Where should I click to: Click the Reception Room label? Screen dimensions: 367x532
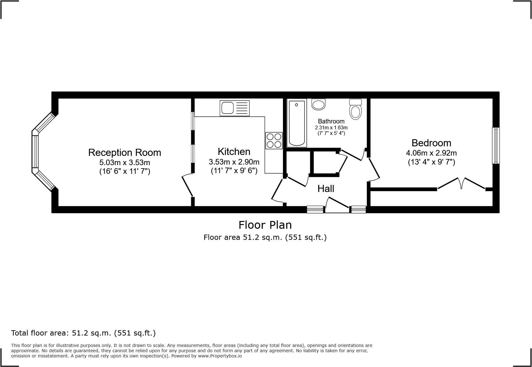pyautogui.click(x=125, y=152)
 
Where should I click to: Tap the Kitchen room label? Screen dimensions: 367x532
pyautogui.click(x=234, y=152)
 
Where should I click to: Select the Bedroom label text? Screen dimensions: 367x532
pyautogui.click(x=431, y=143)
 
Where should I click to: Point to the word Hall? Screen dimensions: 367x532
pyautogui.click(x=326, y=189)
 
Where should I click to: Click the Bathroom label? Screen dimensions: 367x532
pyautogui.click(x=331, y=121)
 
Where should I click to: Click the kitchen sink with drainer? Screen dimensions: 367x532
pyautogui.click(x=234, y=108)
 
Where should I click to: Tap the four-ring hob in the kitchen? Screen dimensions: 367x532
pyautogui.click(x=274, y=140)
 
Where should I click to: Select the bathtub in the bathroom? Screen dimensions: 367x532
pyautogui.click(x=297, y=123)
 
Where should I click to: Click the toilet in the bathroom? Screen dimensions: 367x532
pyautogui.click(x=356, y=110)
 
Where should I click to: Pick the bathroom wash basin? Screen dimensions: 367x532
pyautogui.click(x=319, y=104)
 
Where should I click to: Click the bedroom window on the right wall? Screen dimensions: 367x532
pyautogui.click(x=496, y=145)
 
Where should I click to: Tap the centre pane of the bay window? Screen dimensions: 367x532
pyautogui.click(x=35, y=151)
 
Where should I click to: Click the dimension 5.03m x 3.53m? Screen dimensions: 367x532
pyautogui.click(x=125, y=162)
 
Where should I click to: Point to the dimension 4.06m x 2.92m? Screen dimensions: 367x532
pyautogui.click(x=431, y=153)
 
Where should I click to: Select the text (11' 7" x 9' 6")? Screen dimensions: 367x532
pyautogui.click(x=234, y=171)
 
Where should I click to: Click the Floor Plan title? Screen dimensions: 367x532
pyautogui.click(x=265, y=225)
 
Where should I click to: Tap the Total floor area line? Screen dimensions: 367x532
pyautogui.click(x=83, y=333)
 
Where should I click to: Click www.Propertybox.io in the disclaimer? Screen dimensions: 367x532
pyautogui.click(x=220, y=356)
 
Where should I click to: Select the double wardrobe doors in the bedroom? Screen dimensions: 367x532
pyautogui.click(x=461, y=183)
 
